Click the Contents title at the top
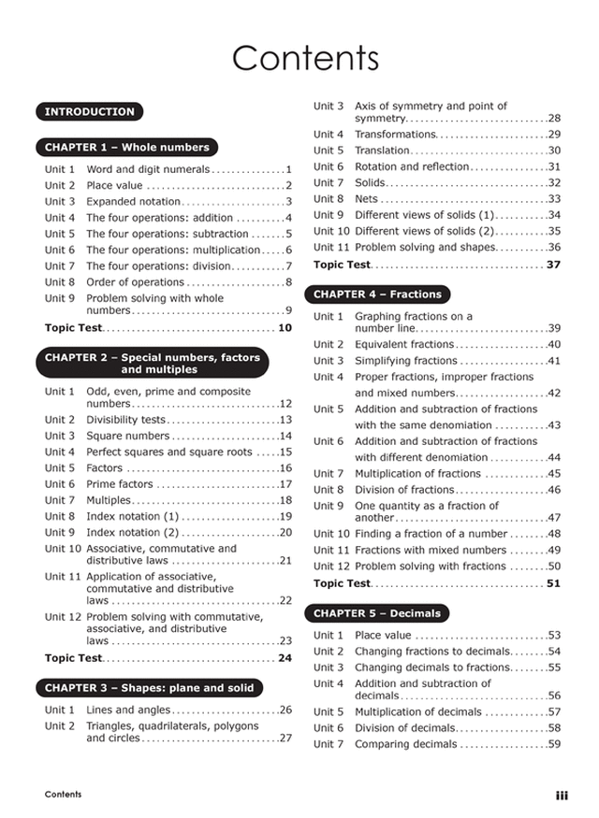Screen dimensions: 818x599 (x=305, y=58)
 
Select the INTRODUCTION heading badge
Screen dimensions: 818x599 (x=90, y=112)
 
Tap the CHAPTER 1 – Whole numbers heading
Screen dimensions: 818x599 (x=126, y=148)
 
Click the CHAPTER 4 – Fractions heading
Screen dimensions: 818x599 (x=377, y=294)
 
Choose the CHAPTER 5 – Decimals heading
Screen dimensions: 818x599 (x=376, y=614)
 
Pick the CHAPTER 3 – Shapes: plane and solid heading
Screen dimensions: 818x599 (x=149, y=689)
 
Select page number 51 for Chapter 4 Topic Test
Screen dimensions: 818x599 (x=553, y=583)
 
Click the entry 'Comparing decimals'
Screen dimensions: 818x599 (x=406, y=744)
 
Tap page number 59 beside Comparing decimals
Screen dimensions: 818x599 (x=554, y=744)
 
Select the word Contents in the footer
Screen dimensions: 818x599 (x=63, y=795)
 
